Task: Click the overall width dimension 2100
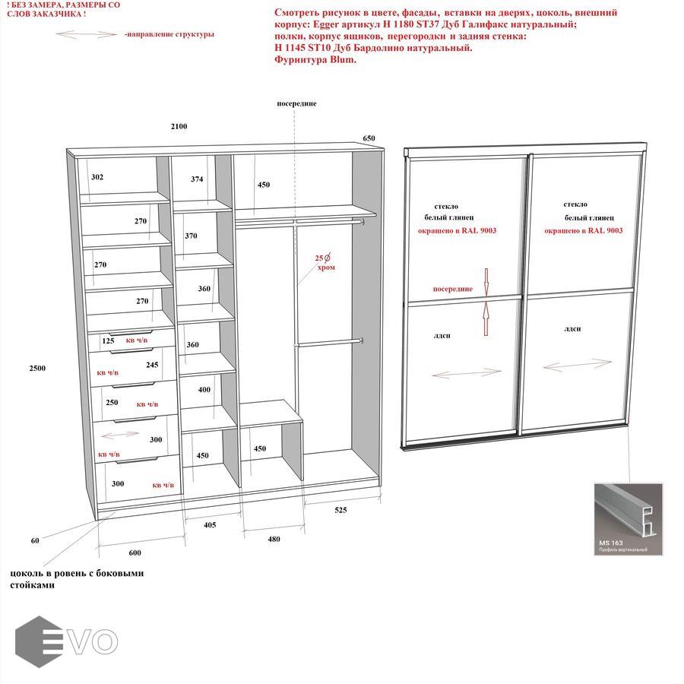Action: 179,126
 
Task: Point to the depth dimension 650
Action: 369,138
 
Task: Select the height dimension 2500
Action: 37,369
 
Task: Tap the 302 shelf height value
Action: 97,177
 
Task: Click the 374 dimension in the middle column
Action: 197,179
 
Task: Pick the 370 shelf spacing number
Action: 191,236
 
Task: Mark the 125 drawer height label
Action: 108,341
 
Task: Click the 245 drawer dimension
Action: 152,365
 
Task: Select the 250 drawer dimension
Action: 112,403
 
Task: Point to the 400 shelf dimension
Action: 204,390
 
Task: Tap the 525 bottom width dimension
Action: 340,510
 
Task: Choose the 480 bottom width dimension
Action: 274,540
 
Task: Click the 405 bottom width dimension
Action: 209,525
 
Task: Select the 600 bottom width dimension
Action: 134,553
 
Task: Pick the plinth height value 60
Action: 35,541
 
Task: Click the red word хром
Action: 326,268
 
